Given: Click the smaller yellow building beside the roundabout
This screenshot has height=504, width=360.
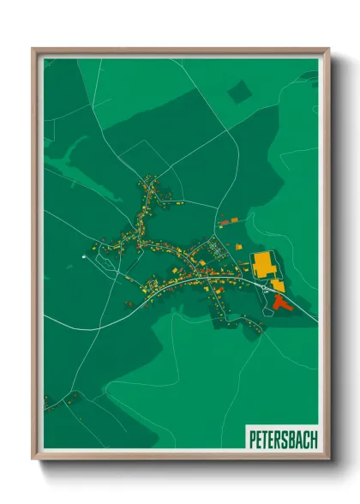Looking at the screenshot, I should (278, 285).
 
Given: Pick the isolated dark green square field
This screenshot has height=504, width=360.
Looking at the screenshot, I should (240, 92).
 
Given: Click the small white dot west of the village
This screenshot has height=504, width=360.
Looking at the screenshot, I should (83, 255).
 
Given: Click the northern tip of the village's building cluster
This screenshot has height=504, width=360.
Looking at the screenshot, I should (153, 178).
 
